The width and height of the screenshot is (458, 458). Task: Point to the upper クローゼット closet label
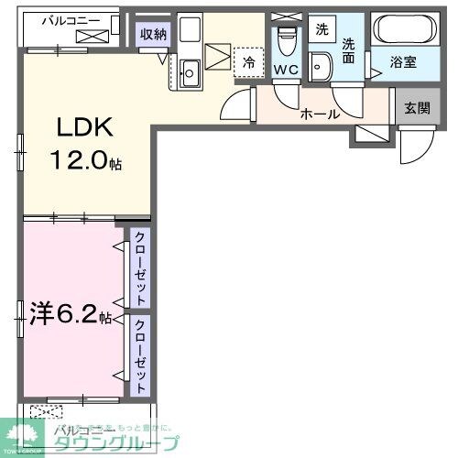point(140,267)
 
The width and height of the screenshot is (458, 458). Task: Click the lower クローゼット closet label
point(140,354)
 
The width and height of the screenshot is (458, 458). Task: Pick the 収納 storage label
point(153,35)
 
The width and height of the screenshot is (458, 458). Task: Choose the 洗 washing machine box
point(321,28)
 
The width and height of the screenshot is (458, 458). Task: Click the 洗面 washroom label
point(349,49)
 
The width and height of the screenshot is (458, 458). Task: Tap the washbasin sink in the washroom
point(320,68)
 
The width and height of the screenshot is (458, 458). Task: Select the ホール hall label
point(321,114)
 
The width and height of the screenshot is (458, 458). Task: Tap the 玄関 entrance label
point(418,105)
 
